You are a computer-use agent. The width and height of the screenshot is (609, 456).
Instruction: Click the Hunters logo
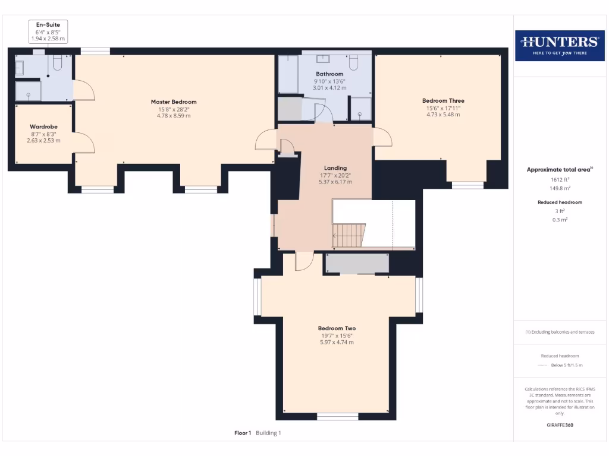tap(560, 45)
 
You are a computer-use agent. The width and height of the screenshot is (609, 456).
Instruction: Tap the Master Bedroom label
tap(173, 102)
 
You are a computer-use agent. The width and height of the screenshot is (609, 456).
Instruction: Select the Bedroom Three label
tap(443, 101)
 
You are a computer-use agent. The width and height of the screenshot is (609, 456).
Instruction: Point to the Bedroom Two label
tap(337, 328)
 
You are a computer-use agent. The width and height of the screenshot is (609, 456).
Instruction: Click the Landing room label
tap(335, 168)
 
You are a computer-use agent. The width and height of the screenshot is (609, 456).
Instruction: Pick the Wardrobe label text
tap(43, 126)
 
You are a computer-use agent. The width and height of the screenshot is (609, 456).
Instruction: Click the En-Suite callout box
tap(48, 31)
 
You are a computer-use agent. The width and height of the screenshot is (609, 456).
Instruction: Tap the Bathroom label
tap(329, 74)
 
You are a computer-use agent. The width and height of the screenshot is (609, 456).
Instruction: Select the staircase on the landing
tap(349, 236)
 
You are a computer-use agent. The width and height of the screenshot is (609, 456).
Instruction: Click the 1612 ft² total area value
tap(559, 179)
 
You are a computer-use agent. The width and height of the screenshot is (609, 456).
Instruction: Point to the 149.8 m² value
tap(559, 188)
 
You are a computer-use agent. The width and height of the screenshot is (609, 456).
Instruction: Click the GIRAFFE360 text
tap(559, 425)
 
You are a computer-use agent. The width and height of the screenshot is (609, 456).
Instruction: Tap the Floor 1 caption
tap(243, 433)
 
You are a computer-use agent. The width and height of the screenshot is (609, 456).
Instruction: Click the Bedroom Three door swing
tap(383, 137)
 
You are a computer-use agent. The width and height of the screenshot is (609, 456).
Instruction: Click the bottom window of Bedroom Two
tap(337, 416)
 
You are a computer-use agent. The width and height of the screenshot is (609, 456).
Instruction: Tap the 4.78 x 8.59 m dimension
tap(173, 116)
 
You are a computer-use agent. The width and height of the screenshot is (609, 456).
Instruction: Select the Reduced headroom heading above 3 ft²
tap(559, 202)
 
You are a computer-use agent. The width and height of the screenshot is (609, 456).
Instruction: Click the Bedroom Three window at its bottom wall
tap(467, 185)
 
